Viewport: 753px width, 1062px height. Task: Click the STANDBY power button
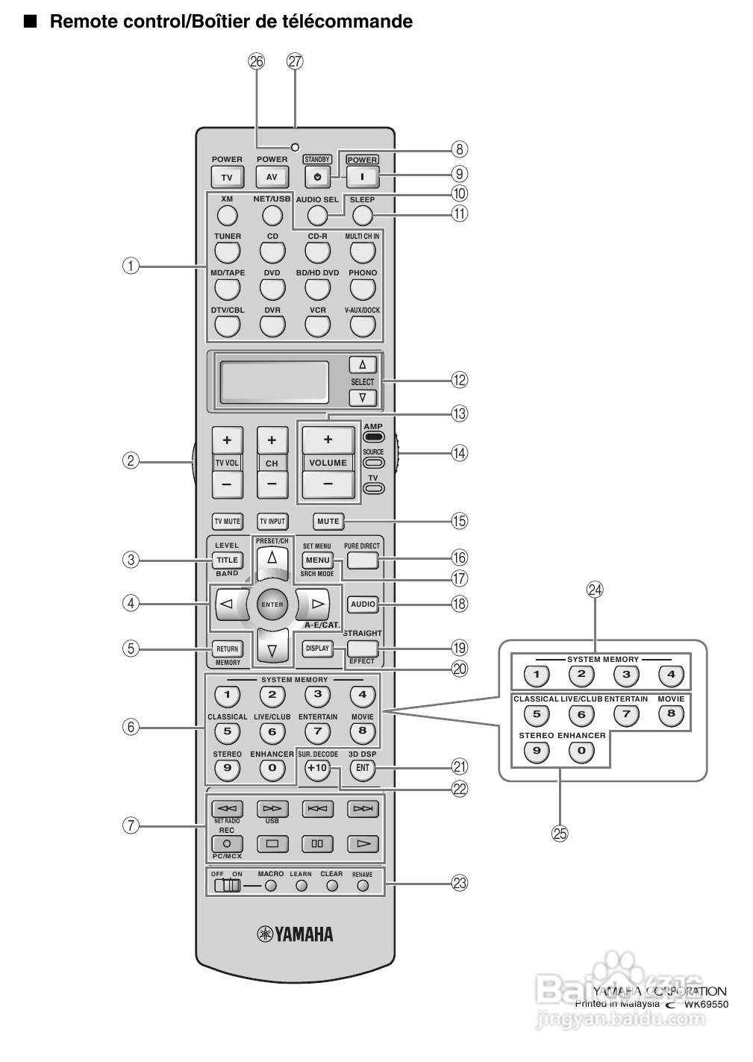(x=317, y=178)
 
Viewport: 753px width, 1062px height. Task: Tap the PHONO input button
(x=362, y=289)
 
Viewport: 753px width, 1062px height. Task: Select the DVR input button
(x=272, y=325)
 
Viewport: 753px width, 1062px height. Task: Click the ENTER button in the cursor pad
(x=272, y=604)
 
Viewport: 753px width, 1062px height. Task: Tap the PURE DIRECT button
(x=362, y=560)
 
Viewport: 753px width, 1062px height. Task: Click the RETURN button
(x=228, y=649)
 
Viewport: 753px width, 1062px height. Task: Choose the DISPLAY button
(x=317, y=649)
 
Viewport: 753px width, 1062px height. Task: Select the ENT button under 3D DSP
(x=362, y=769)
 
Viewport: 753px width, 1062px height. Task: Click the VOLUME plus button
(x=328, y=440)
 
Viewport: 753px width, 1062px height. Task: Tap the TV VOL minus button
(x=227, y=484)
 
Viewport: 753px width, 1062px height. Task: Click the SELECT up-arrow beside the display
(x=363, y=365)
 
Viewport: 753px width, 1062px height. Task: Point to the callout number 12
(x=460, y=380)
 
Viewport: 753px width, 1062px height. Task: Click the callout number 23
(x=460, y=883)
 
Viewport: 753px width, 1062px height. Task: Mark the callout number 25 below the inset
(x=560, y=834)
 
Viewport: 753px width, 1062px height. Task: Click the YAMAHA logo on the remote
(x=296, y=934)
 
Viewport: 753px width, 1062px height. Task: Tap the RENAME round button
(x=363, y=886)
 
